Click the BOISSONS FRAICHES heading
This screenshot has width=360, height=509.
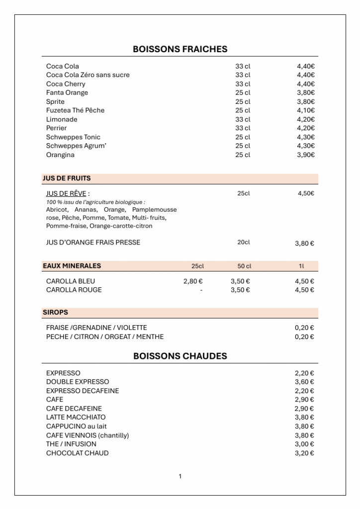(x=180, y=49)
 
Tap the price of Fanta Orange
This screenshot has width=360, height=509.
(x=306, y=93)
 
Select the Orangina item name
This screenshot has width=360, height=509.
(x=60, y=155)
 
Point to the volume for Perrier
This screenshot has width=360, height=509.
(x=243, y=128)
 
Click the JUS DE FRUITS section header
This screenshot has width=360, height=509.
(x=67, y=178)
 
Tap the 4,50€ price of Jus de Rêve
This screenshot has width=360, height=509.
(x=306, y=193)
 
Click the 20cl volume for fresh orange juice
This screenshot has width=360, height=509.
(x=243, y=243)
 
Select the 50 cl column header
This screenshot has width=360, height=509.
(x=244, y=266)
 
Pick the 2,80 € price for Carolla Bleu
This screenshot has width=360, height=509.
(x=193, y=281)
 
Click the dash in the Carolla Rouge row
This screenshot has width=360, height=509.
(x=201, y=290)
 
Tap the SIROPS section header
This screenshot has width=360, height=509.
(x=55, y=313)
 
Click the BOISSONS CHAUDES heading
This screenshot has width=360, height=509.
(x=180, y=356)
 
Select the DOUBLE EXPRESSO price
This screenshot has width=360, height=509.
(x=304, y=382)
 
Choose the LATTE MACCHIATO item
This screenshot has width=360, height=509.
(x=76, y=418)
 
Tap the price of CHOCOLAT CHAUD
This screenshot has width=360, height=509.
(x=304, y=453)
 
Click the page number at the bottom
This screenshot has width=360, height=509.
(x=180, y=477)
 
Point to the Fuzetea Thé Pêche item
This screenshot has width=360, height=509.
(x=75, y=110)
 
